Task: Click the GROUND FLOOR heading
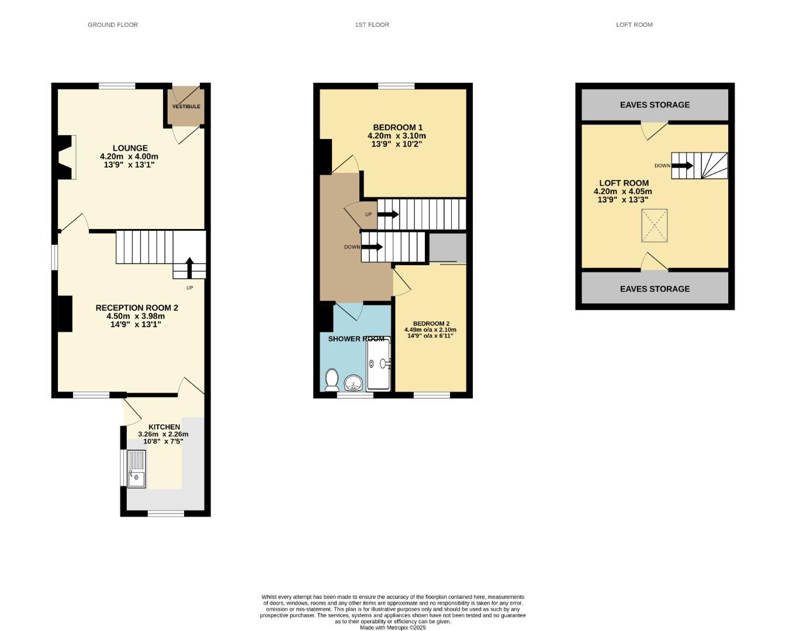113,25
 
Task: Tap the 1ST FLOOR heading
372,25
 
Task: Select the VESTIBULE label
186,106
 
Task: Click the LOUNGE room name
130,148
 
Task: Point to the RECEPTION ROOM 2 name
137,308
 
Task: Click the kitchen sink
137,469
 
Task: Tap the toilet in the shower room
332,380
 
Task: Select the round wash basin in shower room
353,383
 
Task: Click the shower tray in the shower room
378,365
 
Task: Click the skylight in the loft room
655,226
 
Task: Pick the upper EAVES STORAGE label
655,105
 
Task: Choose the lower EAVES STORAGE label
655,289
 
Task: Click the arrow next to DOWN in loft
682,166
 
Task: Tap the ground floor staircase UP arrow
189,268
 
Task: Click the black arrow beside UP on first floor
387,214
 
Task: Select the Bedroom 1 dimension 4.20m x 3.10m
397,136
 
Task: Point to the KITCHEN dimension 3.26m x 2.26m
163,434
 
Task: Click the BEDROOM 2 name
431,324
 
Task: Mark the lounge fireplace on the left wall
65,157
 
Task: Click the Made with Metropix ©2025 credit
393,627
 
